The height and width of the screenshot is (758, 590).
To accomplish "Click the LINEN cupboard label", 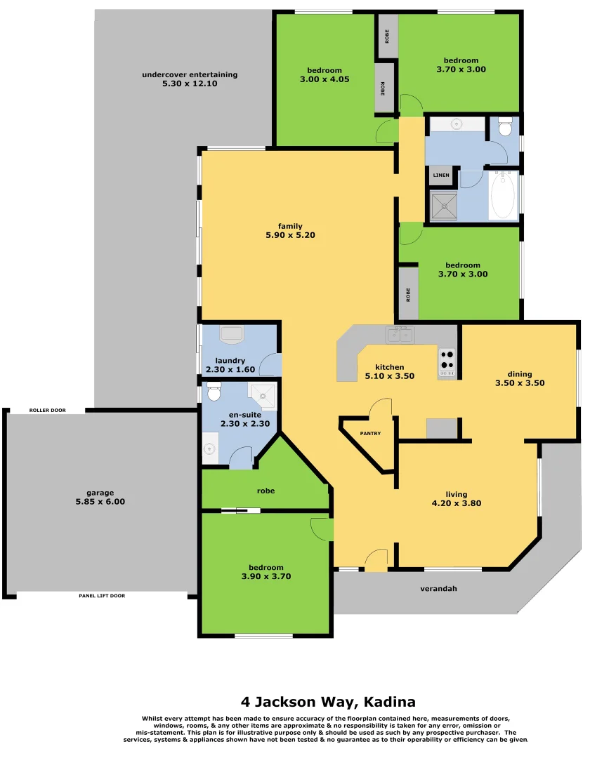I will [x=441, y=175].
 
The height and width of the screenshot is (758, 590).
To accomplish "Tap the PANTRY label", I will [x=370, y=434].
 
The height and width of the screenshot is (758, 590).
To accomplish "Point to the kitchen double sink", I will [x=400, y=335].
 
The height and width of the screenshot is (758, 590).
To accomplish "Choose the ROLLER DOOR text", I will [x=48, y=410].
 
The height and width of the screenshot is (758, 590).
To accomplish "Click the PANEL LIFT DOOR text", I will [x=102, y=596].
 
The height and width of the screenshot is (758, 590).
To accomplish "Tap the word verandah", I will [x=438, y=589].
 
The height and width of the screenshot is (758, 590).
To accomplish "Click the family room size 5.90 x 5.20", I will [x=290, y=236].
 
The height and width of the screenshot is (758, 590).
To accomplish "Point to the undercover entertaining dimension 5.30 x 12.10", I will [x=190, y=84].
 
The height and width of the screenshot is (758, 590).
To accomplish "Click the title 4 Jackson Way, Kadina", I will [x=328, y=701].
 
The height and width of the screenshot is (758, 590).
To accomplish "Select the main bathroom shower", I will [x=443, y=205].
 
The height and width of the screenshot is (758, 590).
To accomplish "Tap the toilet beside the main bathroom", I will [x=504, y=128].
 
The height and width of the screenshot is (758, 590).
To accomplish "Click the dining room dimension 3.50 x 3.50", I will [x=520, y=383].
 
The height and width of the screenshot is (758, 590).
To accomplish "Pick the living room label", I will [x=456, y=494].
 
